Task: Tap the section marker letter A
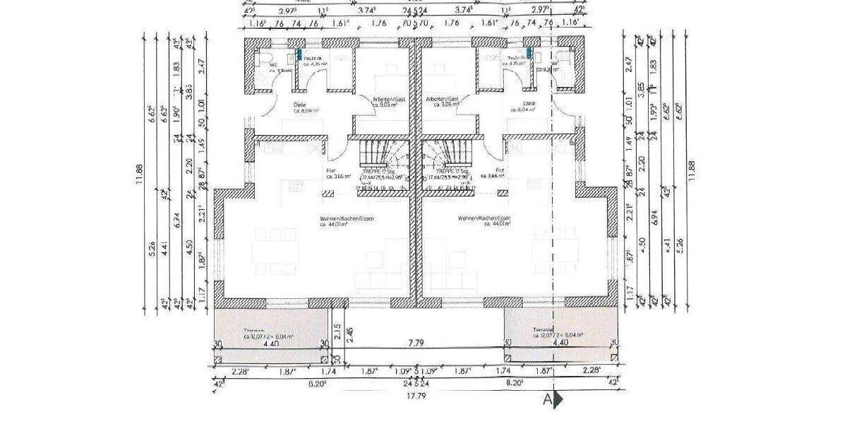point(546,400)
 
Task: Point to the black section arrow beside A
point(558,400)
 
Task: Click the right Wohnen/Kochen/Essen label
point(484,219)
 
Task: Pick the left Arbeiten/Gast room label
point(390,99)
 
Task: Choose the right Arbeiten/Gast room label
point(443,99)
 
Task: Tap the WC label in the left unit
point(273,65)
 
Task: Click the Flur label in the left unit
point(330,170)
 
